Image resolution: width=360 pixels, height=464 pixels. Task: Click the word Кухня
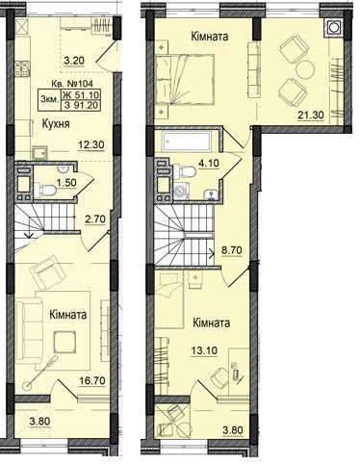(x=56, y=124)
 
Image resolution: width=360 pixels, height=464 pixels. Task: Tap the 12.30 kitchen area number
(x=91, y=144)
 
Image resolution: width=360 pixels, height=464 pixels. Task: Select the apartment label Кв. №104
(x=72, y=84)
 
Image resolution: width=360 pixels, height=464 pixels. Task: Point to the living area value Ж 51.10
(x=81, y=94)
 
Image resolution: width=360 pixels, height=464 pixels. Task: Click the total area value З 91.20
(x=81, y=105)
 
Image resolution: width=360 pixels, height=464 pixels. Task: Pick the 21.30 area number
(x=311, y=115)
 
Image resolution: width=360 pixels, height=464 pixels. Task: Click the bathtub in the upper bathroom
(x=187, y=141)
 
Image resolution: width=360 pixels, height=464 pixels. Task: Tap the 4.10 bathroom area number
(x=209, y=163)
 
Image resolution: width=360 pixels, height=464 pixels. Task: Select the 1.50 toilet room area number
(x=66, y=183)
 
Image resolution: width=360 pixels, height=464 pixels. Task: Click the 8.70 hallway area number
(x=232, y=250)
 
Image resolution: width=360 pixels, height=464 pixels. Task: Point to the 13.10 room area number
(x=204, y=350)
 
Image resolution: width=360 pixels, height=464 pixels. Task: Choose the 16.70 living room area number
(x=92, y=381)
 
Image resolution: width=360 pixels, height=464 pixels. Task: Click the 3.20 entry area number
(x=74, y=61)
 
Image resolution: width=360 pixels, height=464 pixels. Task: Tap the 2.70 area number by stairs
(x=95, y=219)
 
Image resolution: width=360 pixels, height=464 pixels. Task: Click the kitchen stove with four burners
(x=22, y=68)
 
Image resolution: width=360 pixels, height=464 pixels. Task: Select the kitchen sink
(x=39, y=152)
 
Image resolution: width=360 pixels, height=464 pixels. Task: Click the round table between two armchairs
(x=305, y=68)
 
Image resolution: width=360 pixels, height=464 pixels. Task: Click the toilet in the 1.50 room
(x=45, y=190)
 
